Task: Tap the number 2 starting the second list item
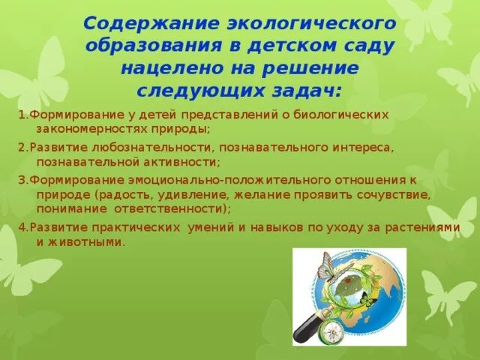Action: pyautogui.click(x=21, y=147)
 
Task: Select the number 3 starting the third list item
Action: pyautogui.click(x=21, y=180)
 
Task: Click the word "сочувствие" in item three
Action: pyautogui.click(x=395, y=194)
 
